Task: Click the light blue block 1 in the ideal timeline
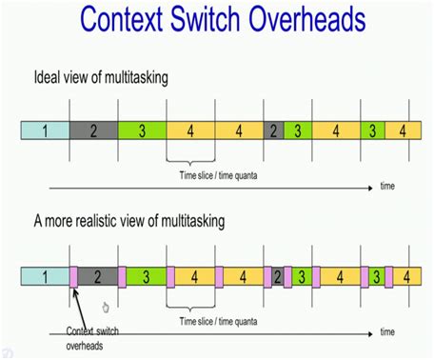coord(45,130)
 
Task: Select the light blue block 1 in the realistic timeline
coord(45,277)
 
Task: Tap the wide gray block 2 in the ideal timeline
coord(93,130)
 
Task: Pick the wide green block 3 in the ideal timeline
coord(142,130)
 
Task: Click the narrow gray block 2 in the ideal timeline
coord(273,130)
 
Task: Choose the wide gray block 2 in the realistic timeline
coord(98,277)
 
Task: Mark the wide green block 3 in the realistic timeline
coord(147,277)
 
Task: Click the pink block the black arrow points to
coord(72,277)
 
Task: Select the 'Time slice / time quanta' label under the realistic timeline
coord(221,322)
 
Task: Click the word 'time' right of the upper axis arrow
coord(387,187)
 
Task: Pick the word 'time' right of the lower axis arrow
coord(387,332)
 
